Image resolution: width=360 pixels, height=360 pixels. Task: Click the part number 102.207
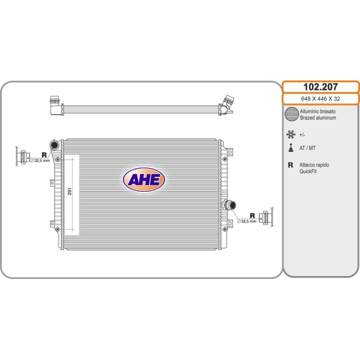click(320, 87)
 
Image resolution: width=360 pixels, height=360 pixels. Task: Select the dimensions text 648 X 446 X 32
click(320, 98)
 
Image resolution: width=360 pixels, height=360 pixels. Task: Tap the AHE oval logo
click(143, 179)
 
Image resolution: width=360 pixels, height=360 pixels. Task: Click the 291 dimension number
click(69, 191)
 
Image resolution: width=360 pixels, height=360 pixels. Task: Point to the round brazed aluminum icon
click(291, 114)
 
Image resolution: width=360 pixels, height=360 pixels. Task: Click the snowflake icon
click(290, 134)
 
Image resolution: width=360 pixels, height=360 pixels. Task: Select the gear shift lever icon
click(291, 148)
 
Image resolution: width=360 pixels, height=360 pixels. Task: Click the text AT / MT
click(307, 148)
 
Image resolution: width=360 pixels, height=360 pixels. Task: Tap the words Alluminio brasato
click(318, 111)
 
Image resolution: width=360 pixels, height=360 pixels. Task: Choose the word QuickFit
click(308, 171)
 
